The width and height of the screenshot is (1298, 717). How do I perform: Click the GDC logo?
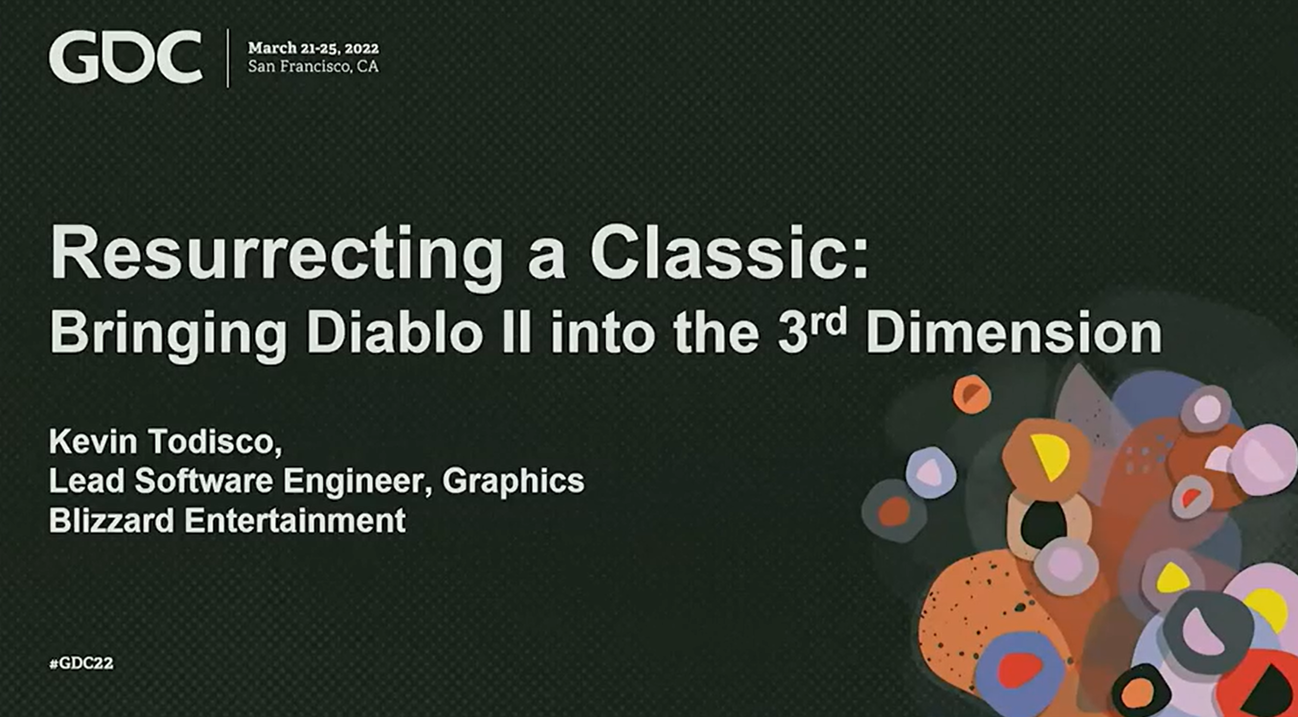tap(126, 56)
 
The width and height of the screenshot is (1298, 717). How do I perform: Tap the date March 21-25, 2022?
tap(313, 49)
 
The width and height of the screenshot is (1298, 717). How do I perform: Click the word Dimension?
tap(1014, 333)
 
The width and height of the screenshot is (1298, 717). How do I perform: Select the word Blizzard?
tap(111, 520)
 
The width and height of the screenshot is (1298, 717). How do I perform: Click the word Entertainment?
tap(295, 520)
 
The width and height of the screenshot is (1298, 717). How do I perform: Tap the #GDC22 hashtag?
tap(81, 664)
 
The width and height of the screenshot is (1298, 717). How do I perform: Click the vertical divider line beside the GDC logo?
tap(228, 58)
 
